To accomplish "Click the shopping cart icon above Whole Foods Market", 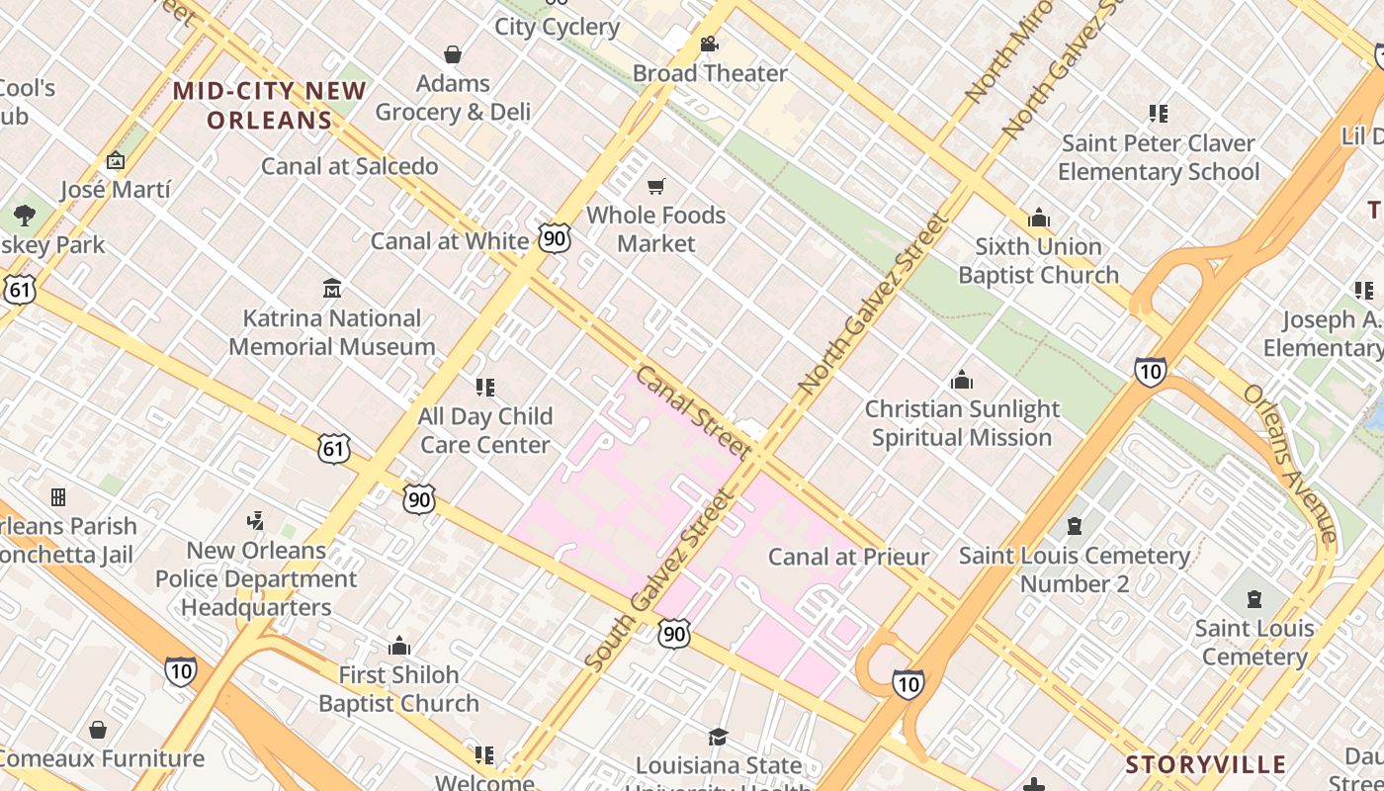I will (x=655, y=186).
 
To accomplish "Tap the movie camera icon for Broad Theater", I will (x=709, y=44).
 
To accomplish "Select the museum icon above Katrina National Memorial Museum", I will (x=332, y=289).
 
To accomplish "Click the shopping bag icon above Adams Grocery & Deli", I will (x=453, y=53).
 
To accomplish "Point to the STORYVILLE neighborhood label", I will (x=1206, y=764).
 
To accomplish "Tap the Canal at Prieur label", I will (x=849, y=557).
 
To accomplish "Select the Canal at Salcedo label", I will (x=349, y=166).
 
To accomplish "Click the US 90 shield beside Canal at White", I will (x=555, y=237).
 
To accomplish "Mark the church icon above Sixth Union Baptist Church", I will (x=1039, y=218).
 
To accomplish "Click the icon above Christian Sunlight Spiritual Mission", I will (x=961, y=380).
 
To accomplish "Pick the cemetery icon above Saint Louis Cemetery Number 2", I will (x=1075, y=526).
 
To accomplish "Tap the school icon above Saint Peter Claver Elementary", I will (x=1159, y=114).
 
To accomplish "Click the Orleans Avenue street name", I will (x=1290, y=463).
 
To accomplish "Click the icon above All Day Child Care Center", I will (x=484, y=387).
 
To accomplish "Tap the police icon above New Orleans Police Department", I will (x=256, y=520).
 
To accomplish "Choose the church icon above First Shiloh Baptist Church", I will (x=399, y=646).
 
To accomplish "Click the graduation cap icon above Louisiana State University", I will (x=718, y=737).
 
